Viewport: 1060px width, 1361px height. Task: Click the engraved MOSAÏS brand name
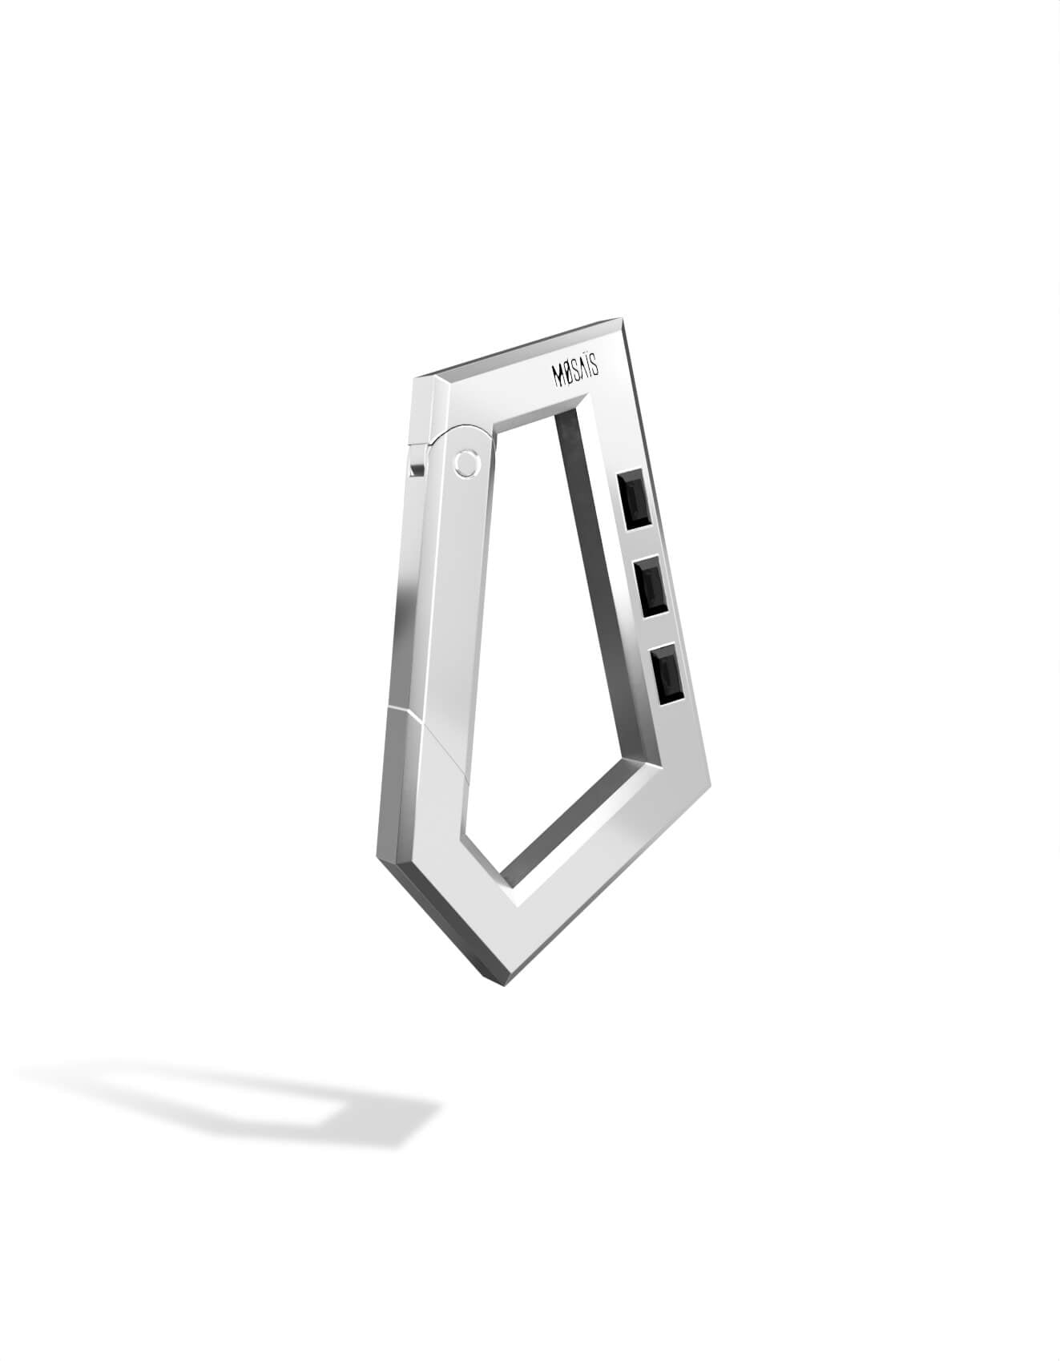click(x=577, y=374)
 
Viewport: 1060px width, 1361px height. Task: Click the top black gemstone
click(x=634, y=501)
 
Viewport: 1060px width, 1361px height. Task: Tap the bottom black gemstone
click(x=668, y=675)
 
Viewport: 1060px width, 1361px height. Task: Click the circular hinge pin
click(x=464, y=462)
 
